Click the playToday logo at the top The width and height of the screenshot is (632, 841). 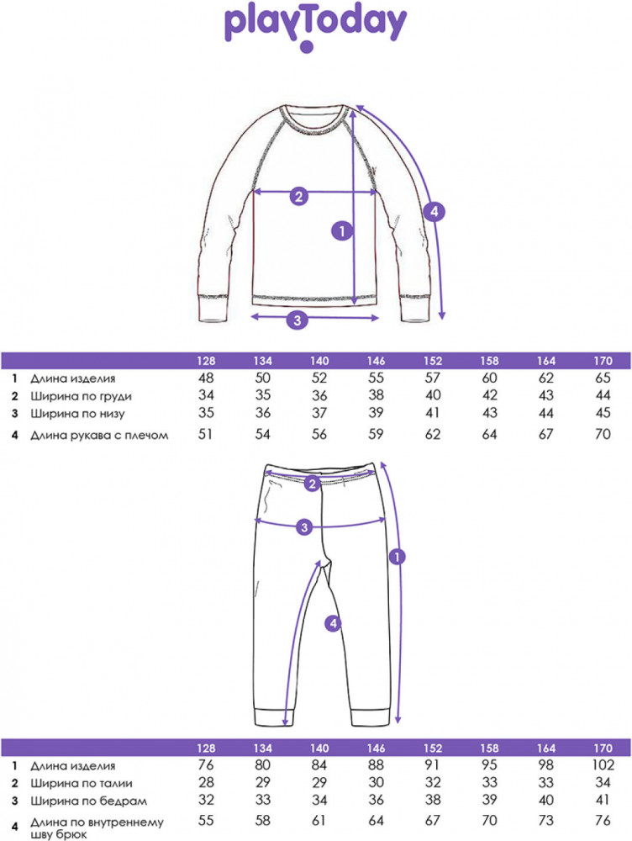click(x=315, y=28)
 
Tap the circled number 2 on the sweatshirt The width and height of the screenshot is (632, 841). click(x=299, y=196)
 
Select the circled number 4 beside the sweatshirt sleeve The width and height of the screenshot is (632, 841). click(x=434, y=211)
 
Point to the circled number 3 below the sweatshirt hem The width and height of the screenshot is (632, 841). click(x=298, y=320)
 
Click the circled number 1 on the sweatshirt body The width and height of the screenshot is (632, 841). click(x=342, y=231)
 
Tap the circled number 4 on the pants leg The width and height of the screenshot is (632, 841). click(x=334, y=623)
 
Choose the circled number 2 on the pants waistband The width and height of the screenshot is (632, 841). click(x=312, y=484)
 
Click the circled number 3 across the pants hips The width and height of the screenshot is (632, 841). click(x=304, y=527)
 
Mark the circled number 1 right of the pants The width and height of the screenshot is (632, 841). click(x=398, y=557)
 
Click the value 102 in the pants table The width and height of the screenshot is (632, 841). click(x=603, y=764)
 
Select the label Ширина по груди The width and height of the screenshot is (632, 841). click(x=81, y=396)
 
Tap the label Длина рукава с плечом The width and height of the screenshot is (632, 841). click(x=99, y=435)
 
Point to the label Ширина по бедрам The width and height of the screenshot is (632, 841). click(x=88, y=801)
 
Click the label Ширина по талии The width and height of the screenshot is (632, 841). click(x=81, y=783)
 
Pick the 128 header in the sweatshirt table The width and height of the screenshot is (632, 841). click(x=206, y=361)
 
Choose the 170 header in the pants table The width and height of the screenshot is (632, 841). click(x=603, y=748)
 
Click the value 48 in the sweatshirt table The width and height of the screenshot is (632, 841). click(x=206, y=378)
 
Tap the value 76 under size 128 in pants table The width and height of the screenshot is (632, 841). click(x=206, y=764)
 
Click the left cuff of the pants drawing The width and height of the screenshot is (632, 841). click(x=273, y=717)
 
